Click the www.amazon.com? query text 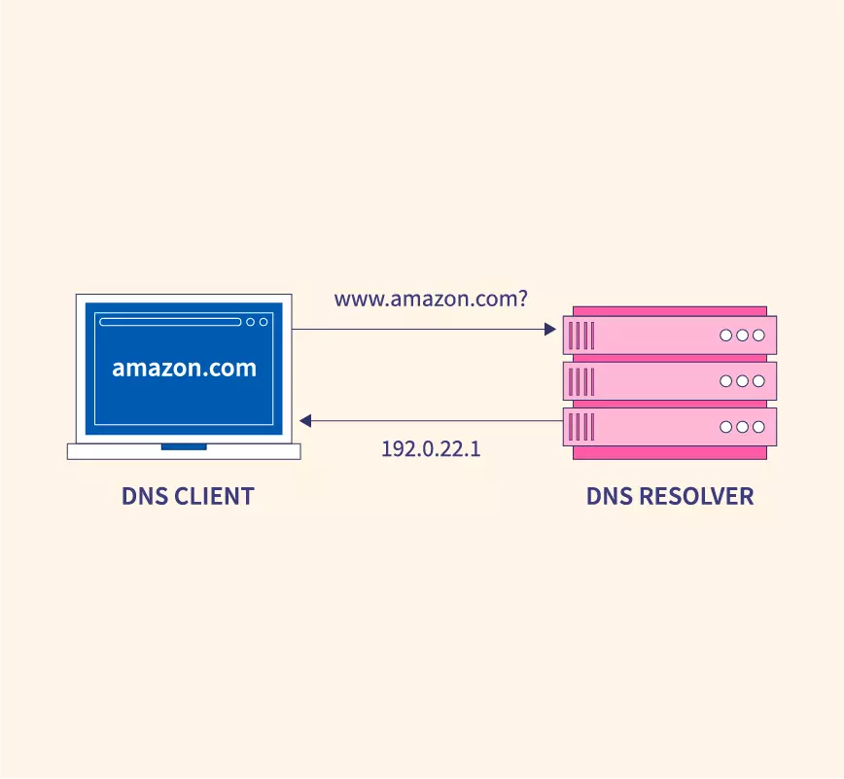431,300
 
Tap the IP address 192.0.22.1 431,449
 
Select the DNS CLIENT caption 188,496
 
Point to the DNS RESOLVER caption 669,496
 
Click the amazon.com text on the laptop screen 184,369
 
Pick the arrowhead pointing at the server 549,330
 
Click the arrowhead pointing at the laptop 305,421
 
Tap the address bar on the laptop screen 170,322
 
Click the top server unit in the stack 670,336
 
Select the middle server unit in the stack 670,381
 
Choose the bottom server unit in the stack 670,427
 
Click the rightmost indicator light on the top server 758,336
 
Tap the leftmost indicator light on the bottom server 726,427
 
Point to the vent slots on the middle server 580,381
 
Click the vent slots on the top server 580,336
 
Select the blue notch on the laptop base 184,446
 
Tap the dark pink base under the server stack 670,453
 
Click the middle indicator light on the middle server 743,381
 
